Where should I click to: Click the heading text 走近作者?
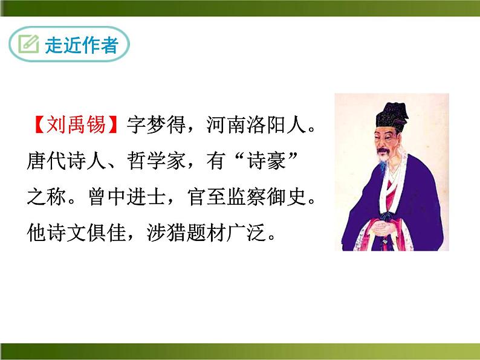click(80, 45)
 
